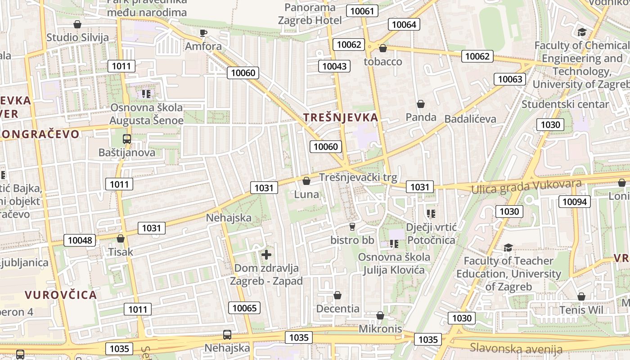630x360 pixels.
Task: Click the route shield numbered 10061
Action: (362, 11)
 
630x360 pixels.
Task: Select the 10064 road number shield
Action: (404, 24)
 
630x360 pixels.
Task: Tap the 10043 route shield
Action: (334, 66)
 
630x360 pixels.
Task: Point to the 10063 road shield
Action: (510, 79)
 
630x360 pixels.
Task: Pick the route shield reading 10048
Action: (80, 240)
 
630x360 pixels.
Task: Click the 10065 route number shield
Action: (245, 308)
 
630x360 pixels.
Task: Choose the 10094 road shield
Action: (575, 202)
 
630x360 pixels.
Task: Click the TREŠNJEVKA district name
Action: (341, 117)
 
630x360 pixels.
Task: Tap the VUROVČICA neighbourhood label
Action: (61, 295)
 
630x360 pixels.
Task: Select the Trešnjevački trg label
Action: (358, 177)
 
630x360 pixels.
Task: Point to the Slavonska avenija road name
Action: (516, 348)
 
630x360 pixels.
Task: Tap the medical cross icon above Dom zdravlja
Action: (266, 255)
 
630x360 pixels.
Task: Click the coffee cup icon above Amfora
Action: (203, 33)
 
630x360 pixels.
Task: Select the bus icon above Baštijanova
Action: (127, 139)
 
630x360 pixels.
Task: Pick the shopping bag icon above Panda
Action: (421, 104)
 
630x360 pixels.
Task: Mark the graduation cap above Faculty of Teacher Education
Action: (508, 247)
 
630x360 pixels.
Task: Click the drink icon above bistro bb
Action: (352, 226)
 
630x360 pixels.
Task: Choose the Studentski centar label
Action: (565, 104)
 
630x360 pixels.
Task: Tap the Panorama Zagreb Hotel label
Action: (310, 14)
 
